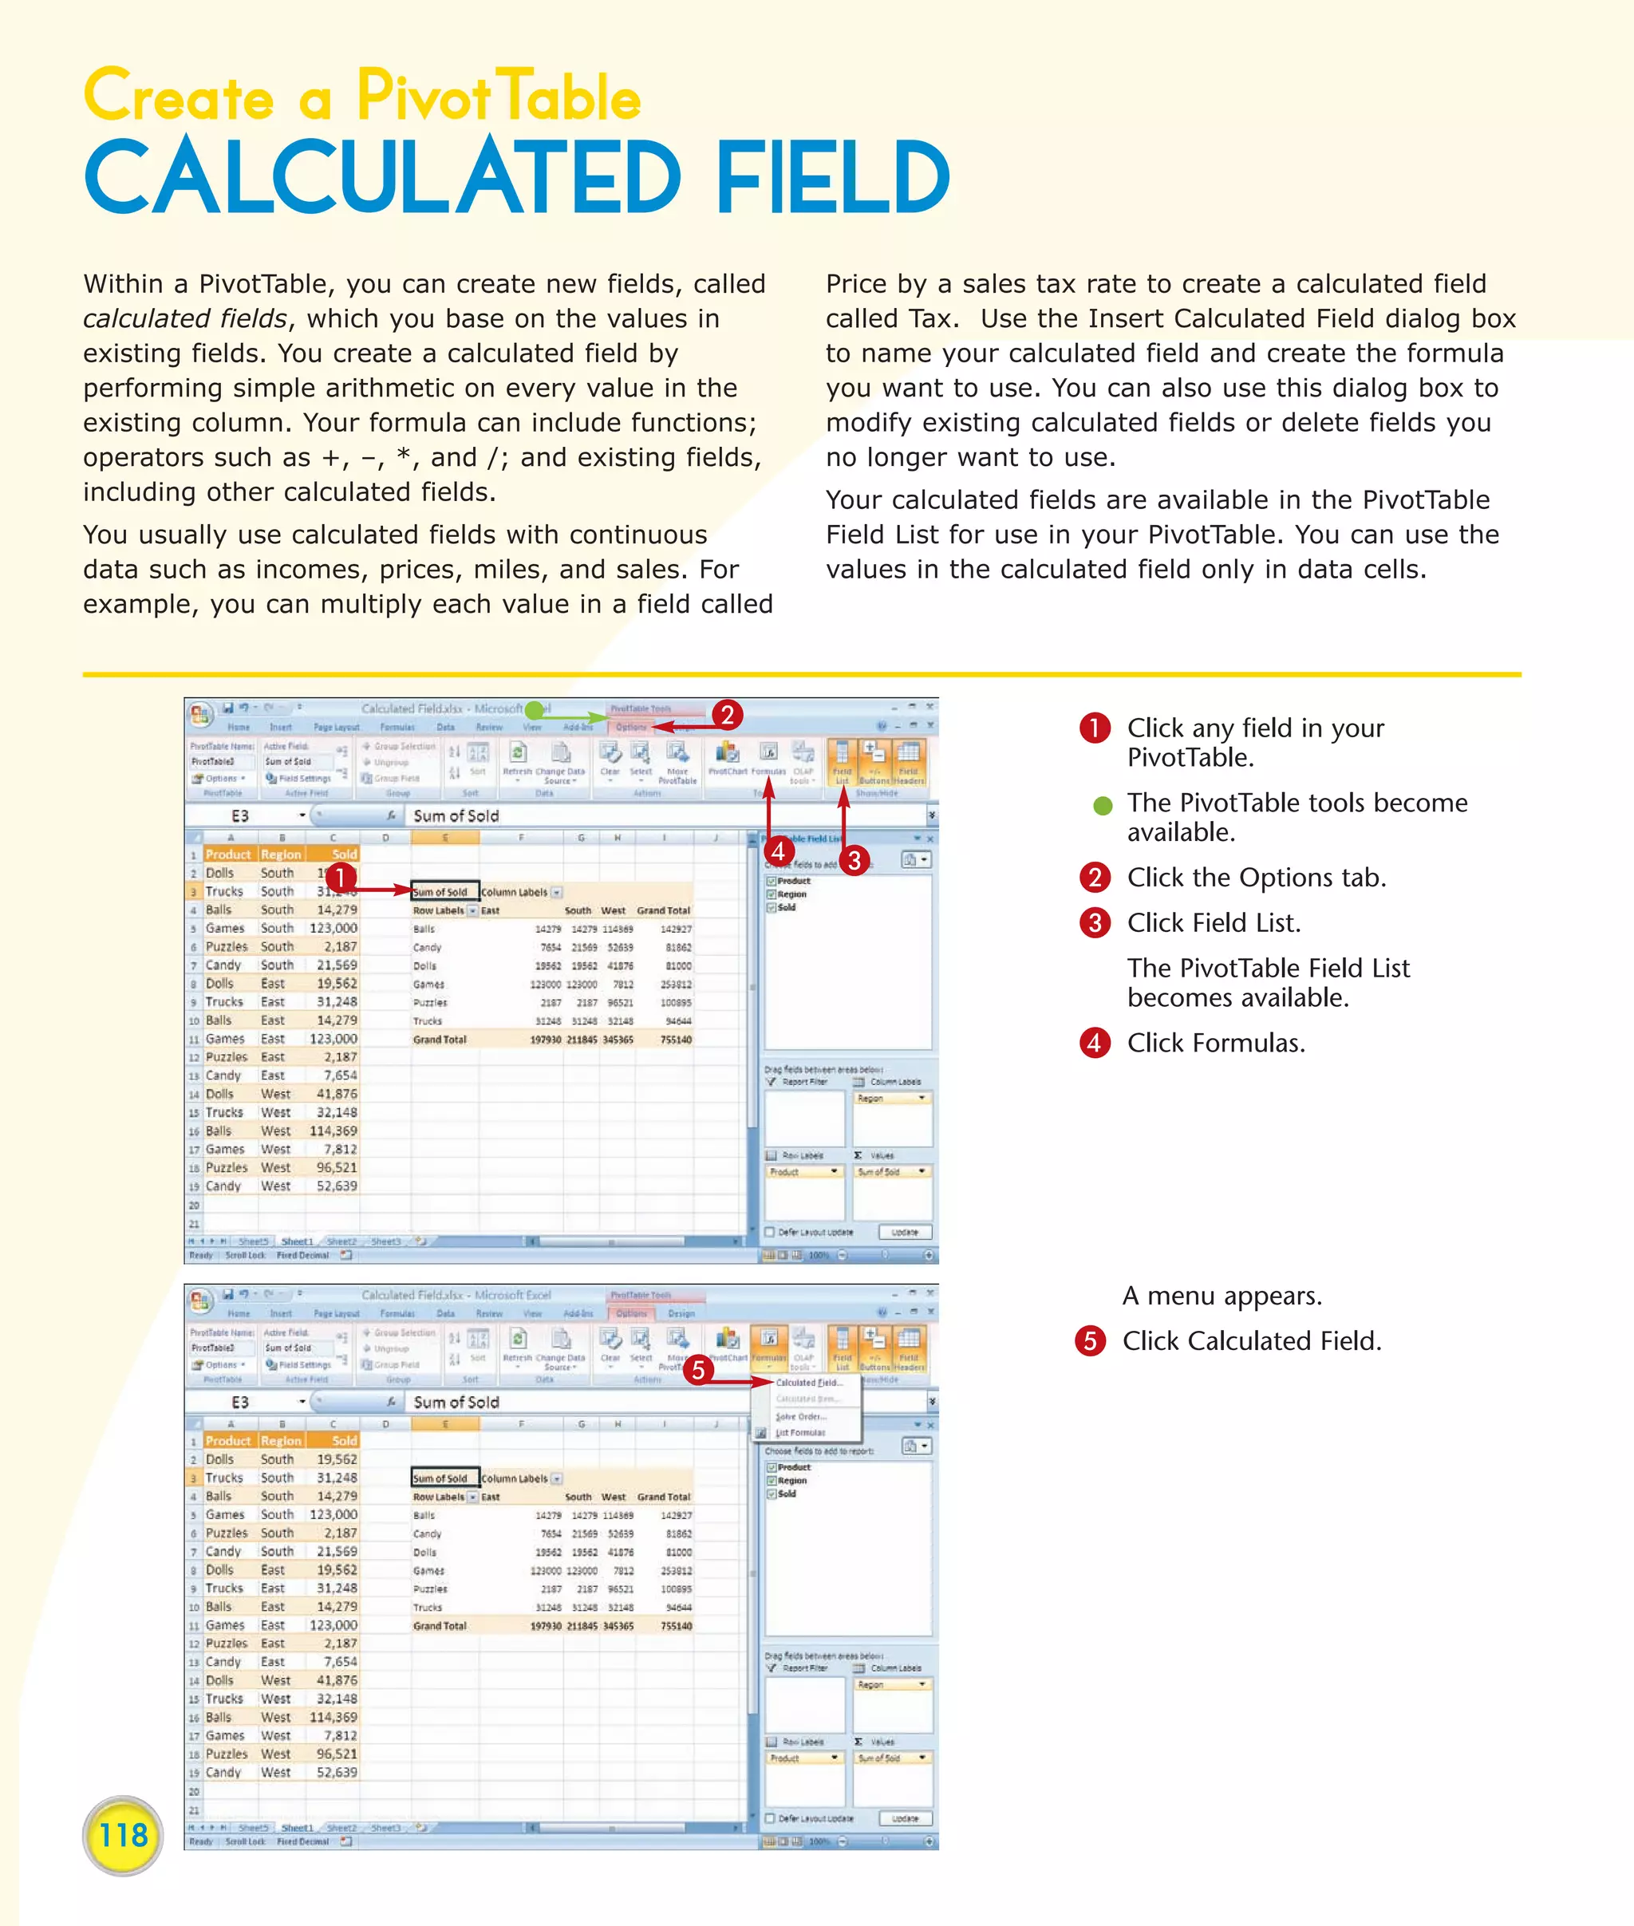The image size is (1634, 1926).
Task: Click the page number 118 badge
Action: click(x=122, y=1834)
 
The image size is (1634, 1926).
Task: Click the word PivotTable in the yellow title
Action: click(x=499, y=97)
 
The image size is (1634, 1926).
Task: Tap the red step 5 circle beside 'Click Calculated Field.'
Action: click(x=1090, y=1340)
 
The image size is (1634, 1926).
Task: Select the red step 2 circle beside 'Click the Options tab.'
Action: click(x=1095, y=878)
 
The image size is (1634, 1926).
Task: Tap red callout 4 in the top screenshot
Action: click(x=778, y=851)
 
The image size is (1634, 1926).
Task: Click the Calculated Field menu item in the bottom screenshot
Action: click(x=807, y=1382)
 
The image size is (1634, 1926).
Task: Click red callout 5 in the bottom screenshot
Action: click(x=700, y=1370)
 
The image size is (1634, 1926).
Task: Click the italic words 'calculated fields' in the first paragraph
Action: click(x=184, y=318)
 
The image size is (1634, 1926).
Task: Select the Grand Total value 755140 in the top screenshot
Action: click(x=675, y=1040)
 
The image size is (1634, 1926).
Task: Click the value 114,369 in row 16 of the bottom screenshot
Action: click(x=333, y=1717)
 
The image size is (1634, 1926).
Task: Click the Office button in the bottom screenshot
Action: click(x=199, y=1300)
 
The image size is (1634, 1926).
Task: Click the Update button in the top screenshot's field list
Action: click(x=904, y=1232)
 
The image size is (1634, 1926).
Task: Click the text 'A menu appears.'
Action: click(x=1222, y=1295)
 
